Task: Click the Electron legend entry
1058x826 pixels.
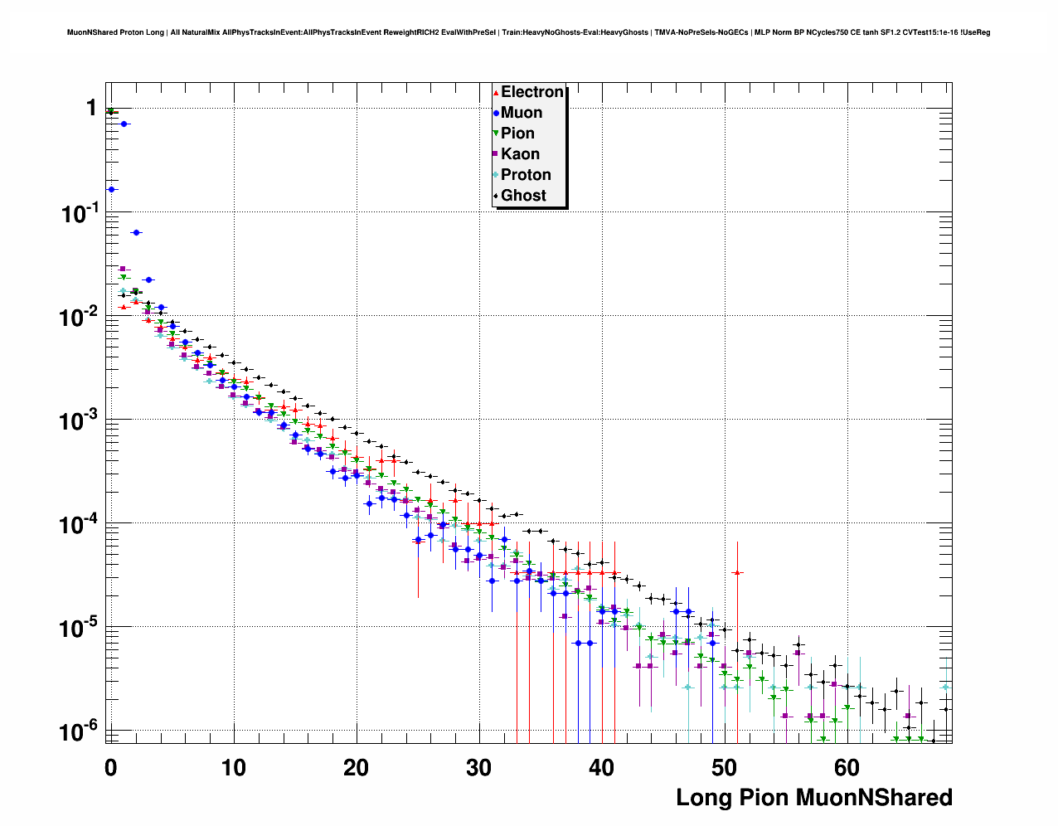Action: [x=531, y=92]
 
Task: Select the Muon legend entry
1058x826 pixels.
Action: [x=521, y=113]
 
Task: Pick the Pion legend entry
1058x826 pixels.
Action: [x=517, y=134]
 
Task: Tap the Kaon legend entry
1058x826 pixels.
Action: [x=520, y=154]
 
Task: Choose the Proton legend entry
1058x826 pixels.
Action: [x=525, y=175]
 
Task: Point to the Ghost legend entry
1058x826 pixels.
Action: [x=523, y=196]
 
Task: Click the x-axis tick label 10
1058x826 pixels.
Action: [x=234, y=767]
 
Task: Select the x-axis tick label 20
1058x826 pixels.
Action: [x=357, y=767]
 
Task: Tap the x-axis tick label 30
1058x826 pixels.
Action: [x=479, y=767]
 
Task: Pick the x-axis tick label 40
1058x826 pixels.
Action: [x=602, y=767]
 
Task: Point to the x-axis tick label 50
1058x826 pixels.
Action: [x=725, y=767]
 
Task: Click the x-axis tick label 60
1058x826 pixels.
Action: [x=847, y=767]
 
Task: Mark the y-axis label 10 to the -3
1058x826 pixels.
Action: [x=79, y=420]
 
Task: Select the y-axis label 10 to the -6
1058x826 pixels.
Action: [x=79, y=731]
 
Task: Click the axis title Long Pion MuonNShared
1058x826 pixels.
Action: [x=813, y=798]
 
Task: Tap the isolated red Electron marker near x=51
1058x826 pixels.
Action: [x=737, y=572]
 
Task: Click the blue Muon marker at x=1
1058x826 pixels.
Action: [x=124, y=124]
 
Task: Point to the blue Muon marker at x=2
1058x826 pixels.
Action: [x=136, y=232]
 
